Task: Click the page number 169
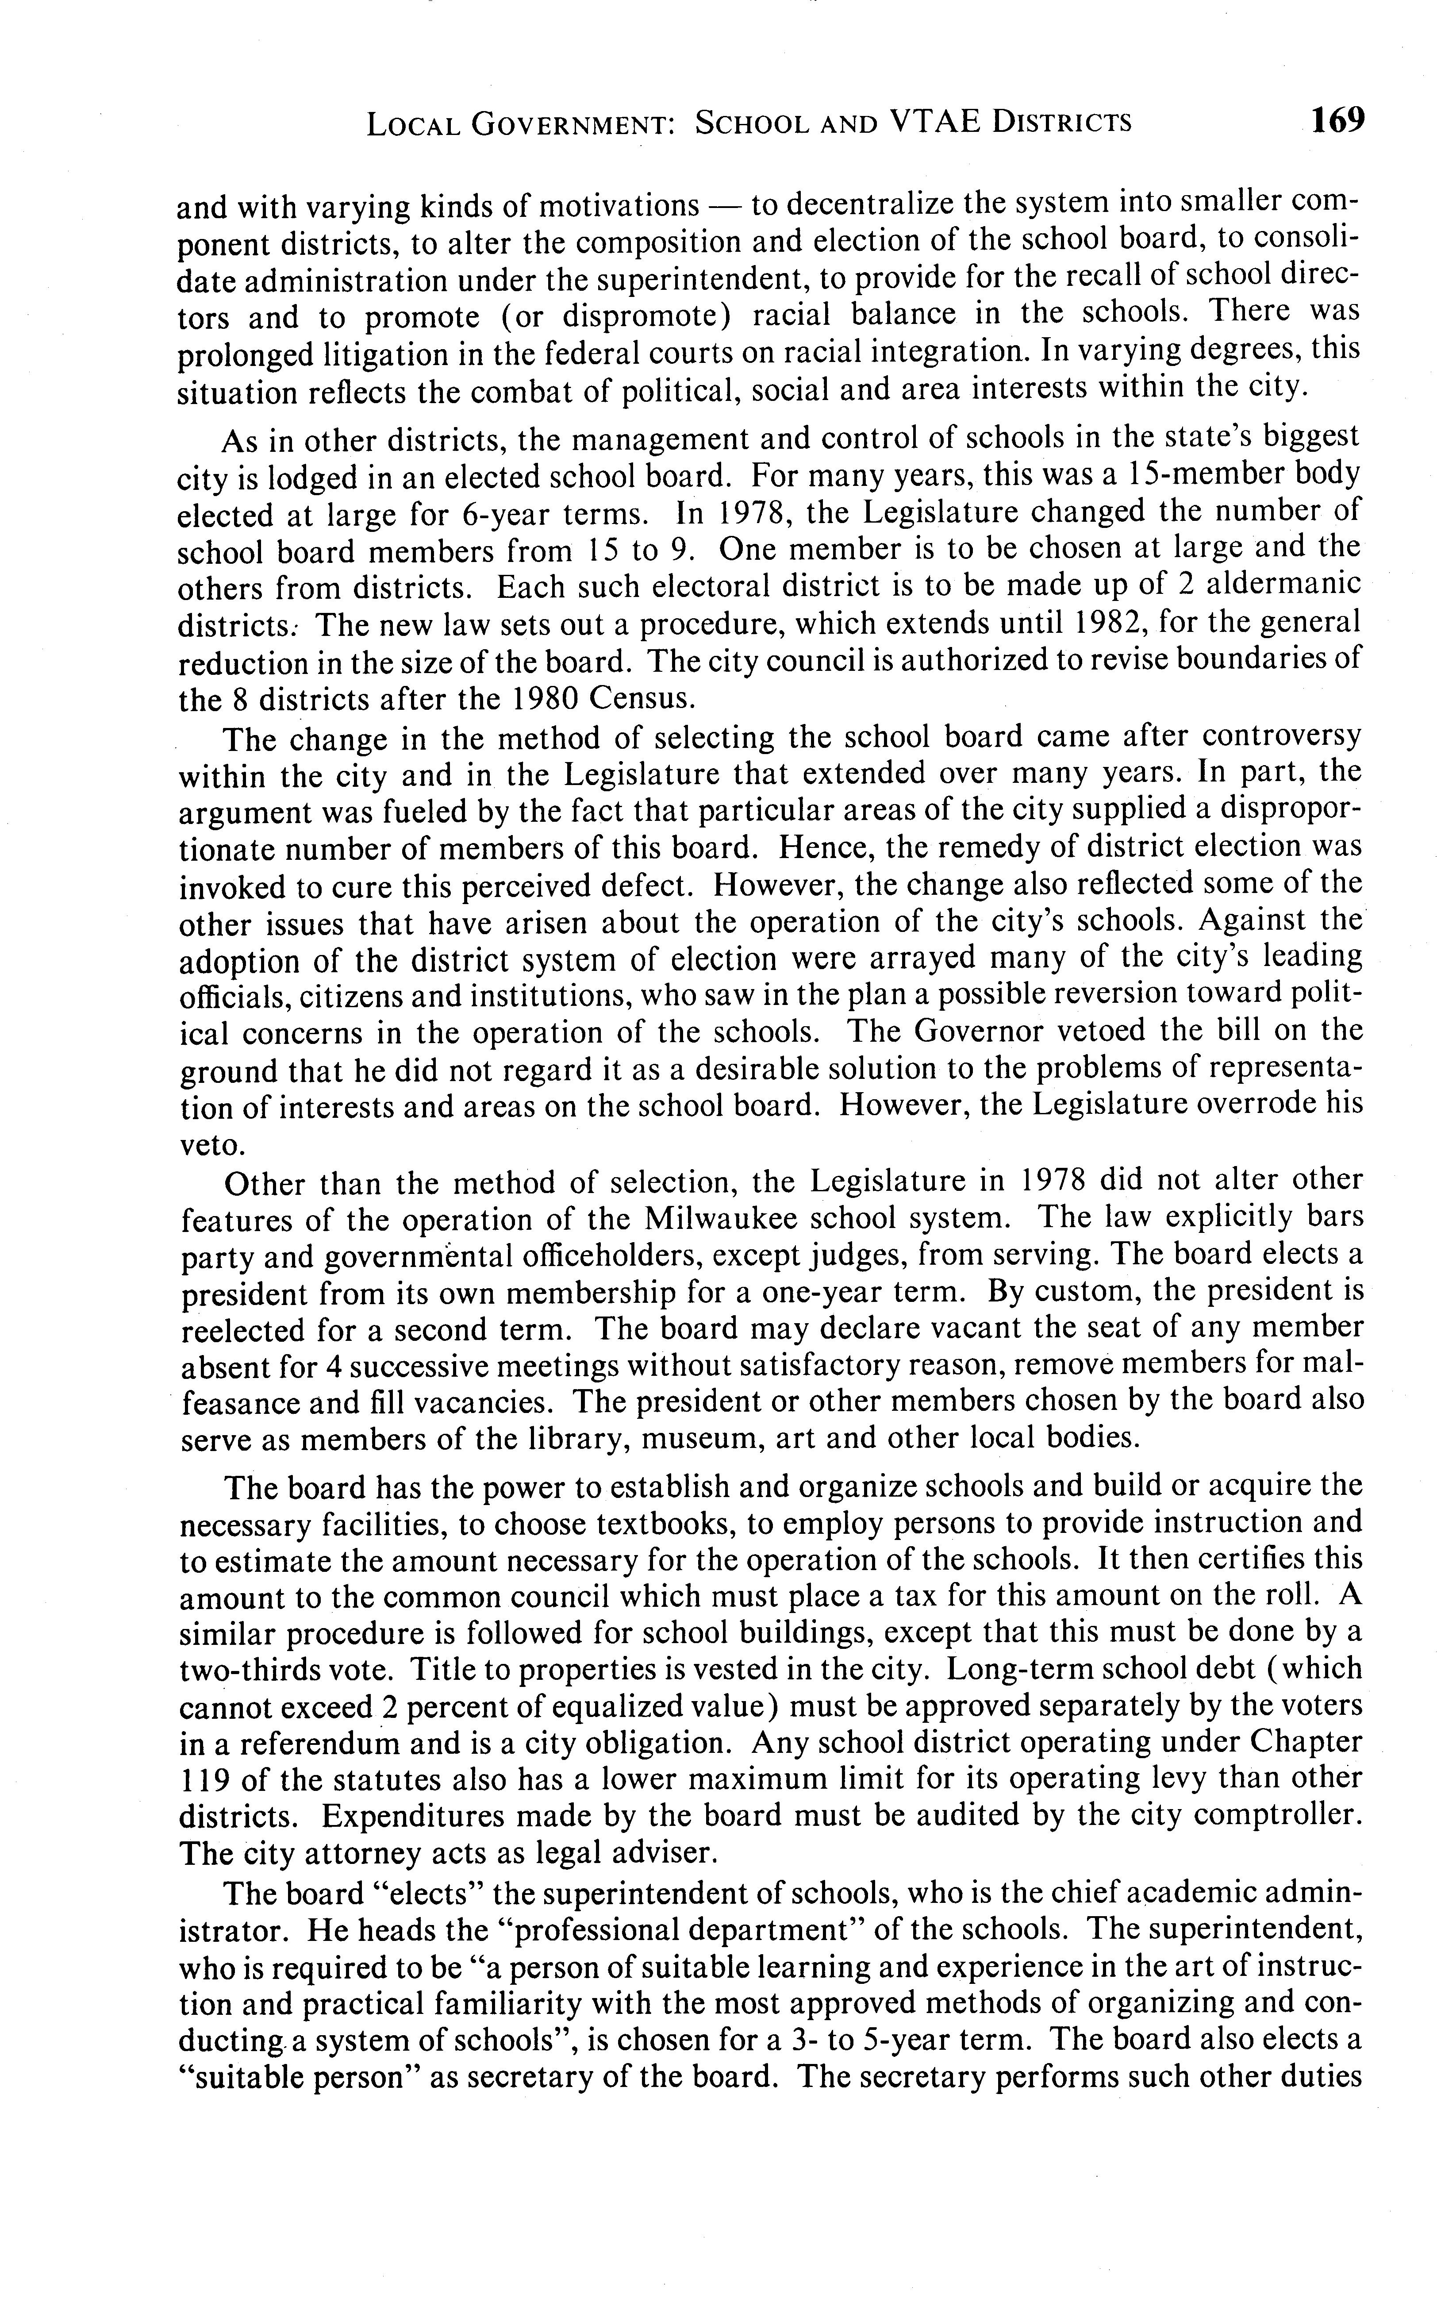tap(1336, 121)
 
